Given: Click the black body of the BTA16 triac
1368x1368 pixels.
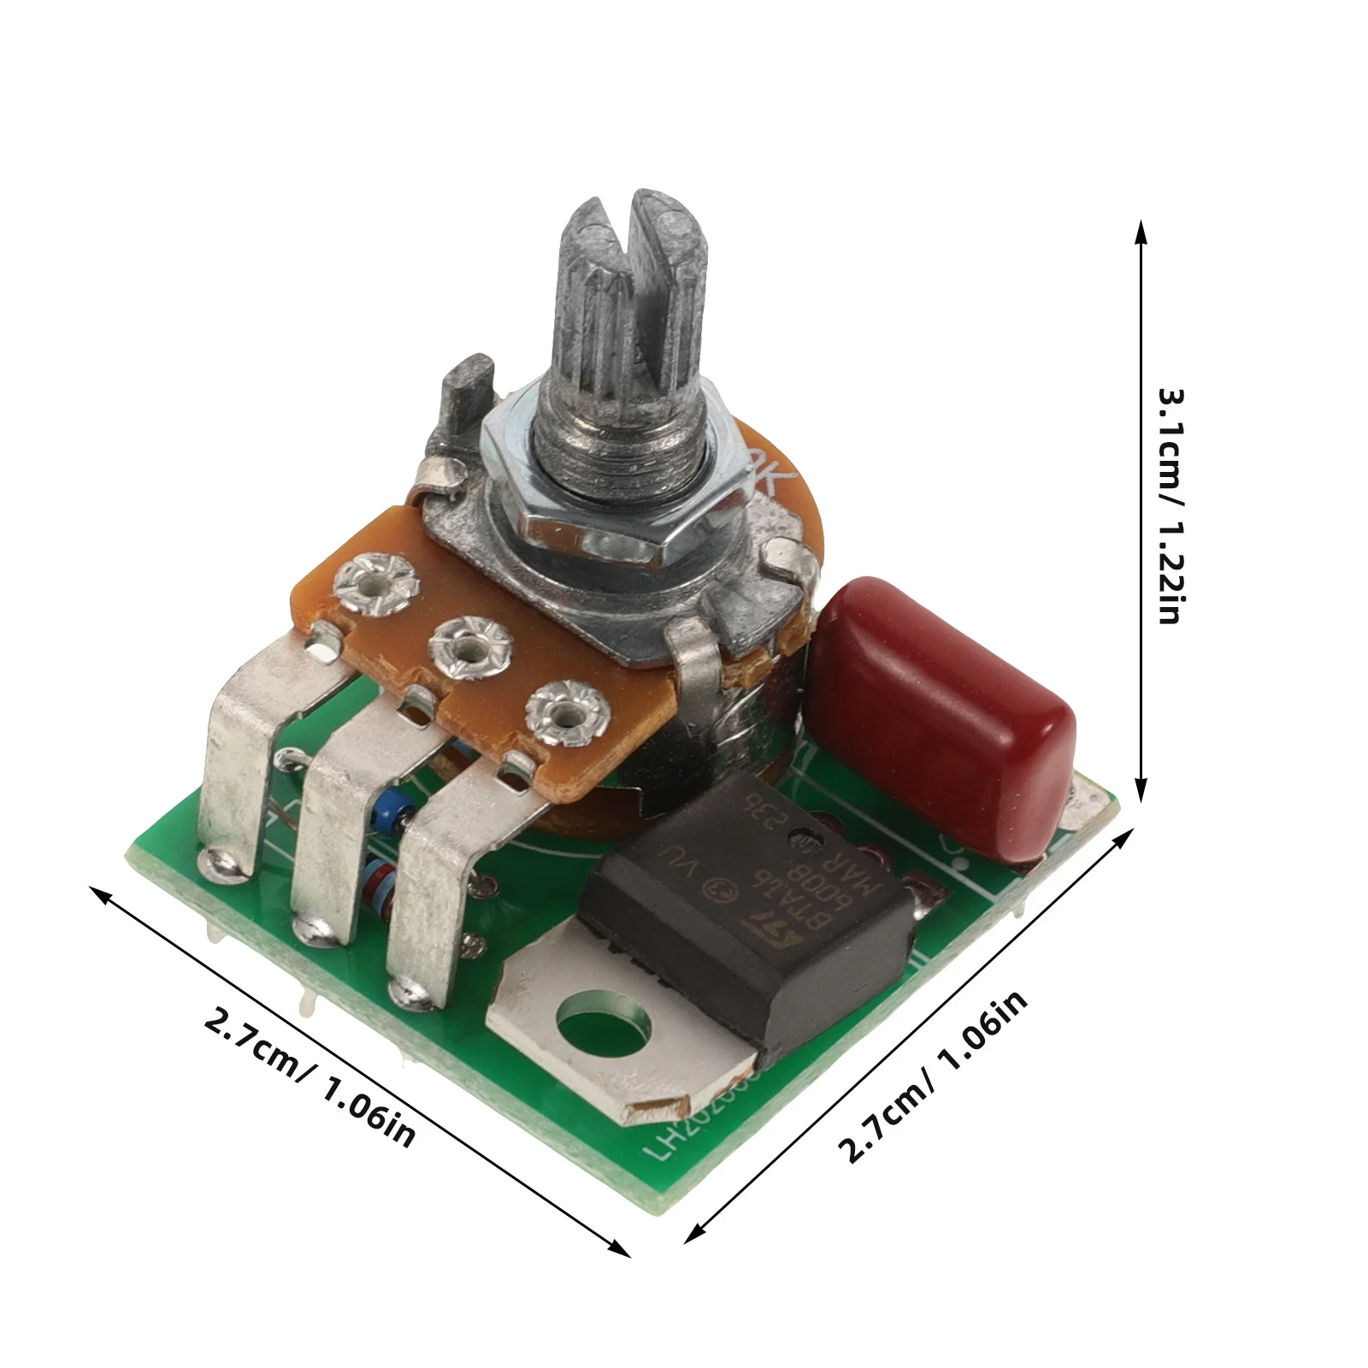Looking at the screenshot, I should click(744, 906).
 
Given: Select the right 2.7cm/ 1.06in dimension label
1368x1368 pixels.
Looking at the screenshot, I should click(932, 1077).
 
